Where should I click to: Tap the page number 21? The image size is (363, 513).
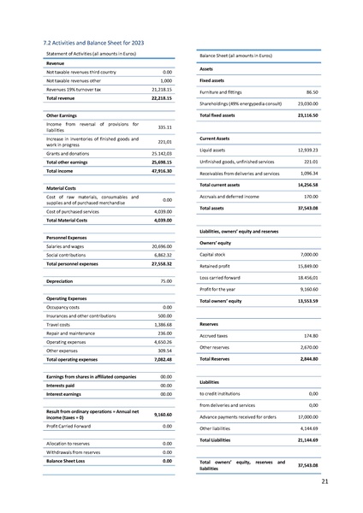[x=324, y=482]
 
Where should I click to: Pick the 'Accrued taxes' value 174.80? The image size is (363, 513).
[x=309, y=336]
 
